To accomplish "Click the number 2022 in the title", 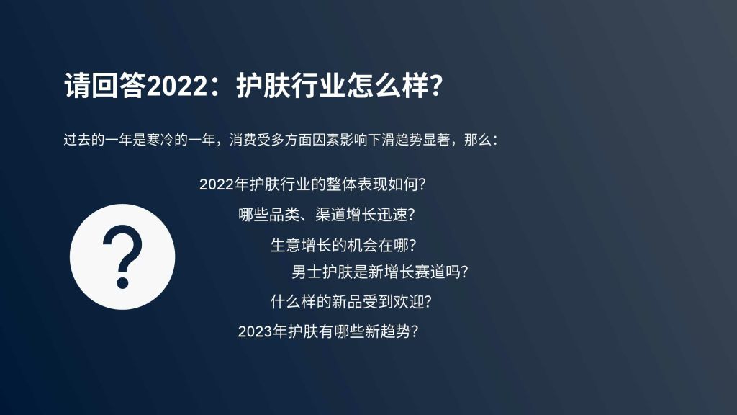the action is [177, 86].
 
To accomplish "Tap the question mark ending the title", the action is [437, 86].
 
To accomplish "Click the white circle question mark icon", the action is [122, 256].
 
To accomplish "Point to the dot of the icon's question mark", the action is [122, 282].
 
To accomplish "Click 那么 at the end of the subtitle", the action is [478, 140].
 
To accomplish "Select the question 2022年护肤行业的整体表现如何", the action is [312, 184].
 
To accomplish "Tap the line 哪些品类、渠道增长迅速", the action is [327, 215].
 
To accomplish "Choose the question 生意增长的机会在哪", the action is [343, 245].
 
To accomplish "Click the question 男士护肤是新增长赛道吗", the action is [380, 272].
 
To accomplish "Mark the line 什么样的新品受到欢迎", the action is [351, 302].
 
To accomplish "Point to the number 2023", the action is [255, 331].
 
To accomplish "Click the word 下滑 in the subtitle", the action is [381, 140].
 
